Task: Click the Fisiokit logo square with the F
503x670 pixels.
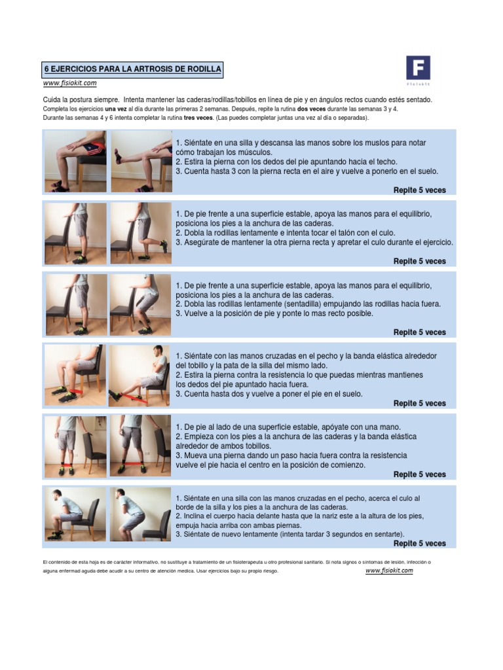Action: tap(418, 68)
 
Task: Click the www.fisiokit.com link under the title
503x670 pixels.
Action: tap(70, 83)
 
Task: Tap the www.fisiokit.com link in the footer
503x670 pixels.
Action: tap(389, 571)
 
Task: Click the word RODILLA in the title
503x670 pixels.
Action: tap(202, 69)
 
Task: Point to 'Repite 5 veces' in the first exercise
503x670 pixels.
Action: tap(419, 190)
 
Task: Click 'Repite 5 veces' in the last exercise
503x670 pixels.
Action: tap(419, 543)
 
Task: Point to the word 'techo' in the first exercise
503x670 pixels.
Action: tap(382, 162)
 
